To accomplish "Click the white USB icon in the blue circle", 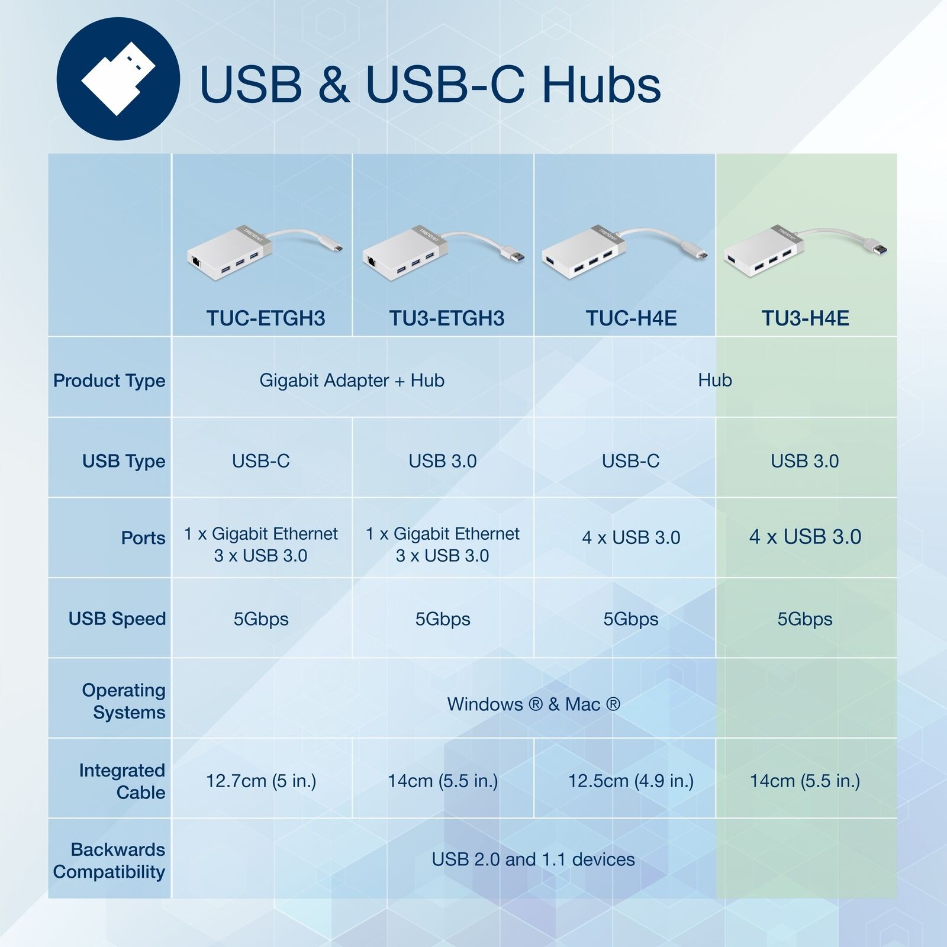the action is pos(118,79).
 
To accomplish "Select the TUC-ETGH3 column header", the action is pos(266,318).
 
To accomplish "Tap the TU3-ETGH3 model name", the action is pos(447,318).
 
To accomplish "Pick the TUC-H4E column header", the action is pos(631,318).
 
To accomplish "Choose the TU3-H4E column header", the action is pos(805,318).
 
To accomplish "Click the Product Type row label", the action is pos(109,381).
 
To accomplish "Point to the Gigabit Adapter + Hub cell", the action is pos(352,380).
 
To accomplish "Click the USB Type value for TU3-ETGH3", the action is pos(443,461).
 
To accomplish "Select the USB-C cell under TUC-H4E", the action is pos(631,461).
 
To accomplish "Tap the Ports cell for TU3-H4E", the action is pos(805,537).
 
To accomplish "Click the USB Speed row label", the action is pos(117,619).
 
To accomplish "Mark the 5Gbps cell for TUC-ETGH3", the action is pos(261,619).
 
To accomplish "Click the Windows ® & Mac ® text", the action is pos(533,704).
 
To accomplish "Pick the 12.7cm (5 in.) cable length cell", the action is pos(261,781).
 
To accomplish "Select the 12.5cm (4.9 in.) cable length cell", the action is pos(631,781).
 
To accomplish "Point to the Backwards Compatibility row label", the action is pos(109,861).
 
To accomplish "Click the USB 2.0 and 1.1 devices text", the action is pos(533,859).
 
